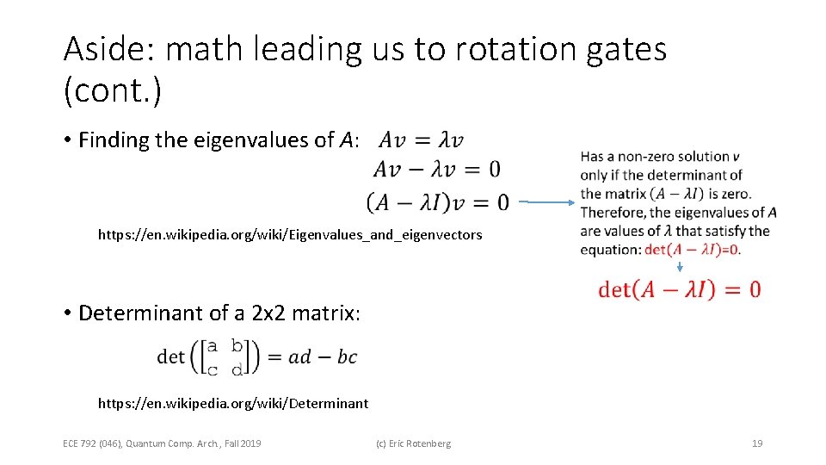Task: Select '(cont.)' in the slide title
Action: tap(112, 90)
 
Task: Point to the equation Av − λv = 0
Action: tap(436, 169)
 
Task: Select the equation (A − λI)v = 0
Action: tap(437, 202)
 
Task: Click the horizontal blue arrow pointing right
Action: tap(547, 202)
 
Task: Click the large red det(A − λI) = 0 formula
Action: tap(679, 289)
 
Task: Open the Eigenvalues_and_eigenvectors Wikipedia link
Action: tap(290, 234)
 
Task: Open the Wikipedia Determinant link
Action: tap(233, 403)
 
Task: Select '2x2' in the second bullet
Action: tap(268, 313)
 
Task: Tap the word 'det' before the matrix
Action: tap(170, 356)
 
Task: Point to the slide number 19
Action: tap(757, 443)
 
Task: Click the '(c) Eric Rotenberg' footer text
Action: tap(413, 443)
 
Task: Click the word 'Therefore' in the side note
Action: tap(613, 212)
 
